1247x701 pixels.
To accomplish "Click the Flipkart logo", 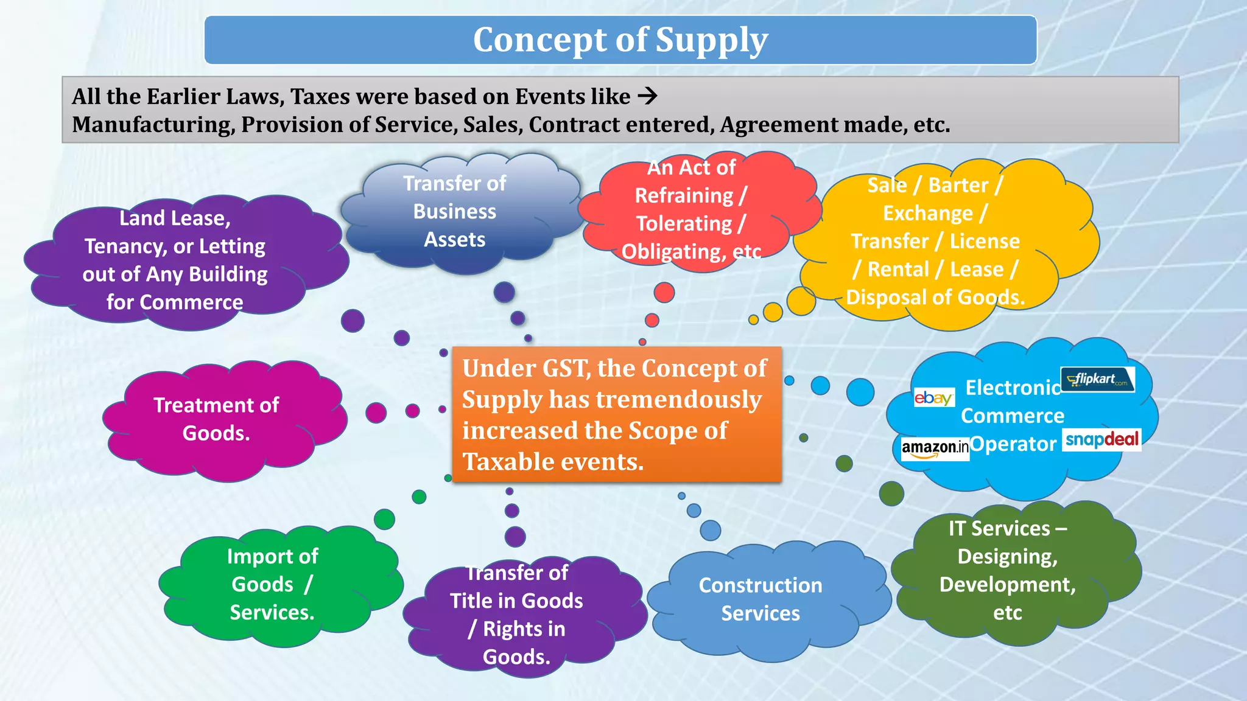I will [x=1097, y=379].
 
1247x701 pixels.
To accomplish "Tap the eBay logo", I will [x=933, y=398].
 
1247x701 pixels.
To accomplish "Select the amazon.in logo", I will [x=935, y=448].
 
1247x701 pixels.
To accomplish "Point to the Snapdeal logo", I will [x=1101, y=439].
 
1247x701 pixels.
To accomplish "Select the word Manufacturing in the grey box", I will [x=153, y=125].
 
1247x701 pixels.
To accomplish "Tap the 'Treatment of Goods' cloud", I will [x=216, y=420].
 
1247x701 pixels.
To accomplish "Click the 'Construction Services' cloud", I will [x=760, y=599].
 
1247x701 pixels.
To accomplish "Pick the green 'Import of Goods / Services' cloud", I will [x=272, y=584].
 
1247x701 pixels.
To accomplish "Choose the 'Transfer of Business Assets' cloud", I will [x=454, y=211].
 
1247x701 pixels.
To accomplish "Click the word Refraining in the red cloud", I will [x=684, y=196].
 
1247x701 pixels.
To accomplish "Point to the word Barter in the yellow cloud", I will [x=958, y=185].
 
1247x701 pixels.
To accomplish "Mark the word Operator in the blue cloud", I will [x=1013, y=444].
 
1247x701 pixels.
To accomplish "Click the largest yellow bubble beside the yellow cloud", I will [x=801, y=301].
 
